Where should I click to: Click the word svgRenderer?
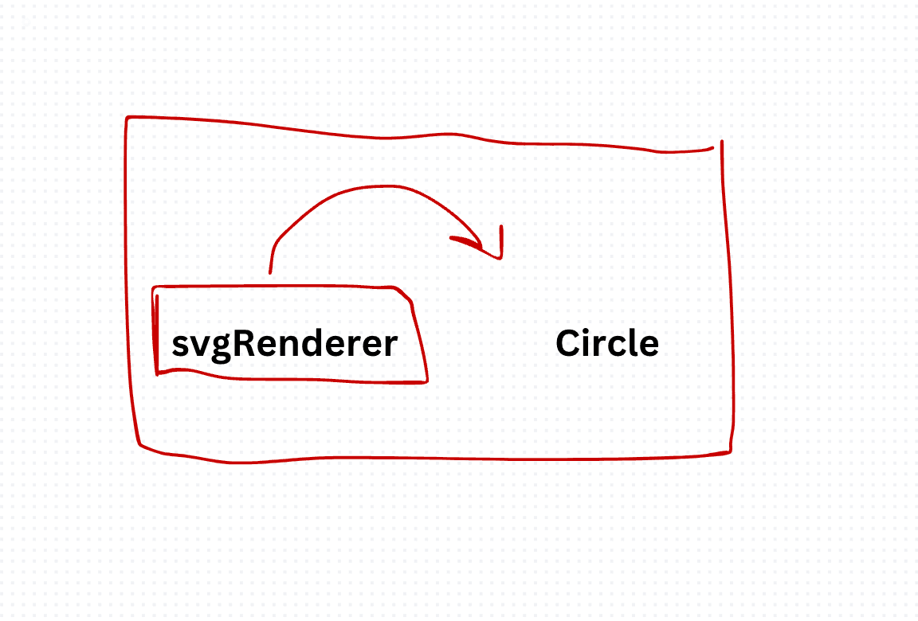[x=284, y=345]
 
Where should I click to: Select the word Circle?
[x=607, y=343]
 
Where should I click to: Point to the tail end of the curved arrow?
[x=270, y=272]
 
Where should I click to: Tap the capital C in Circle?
[x=567, y=343]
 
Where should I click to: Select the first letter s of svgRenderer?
[x=179, y=347]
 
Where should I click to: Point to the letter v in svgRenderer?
[x=198, y=347]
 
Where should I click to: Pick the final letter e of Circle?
[x=649, y=347]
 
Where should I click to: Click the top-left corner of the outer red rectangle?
[x=127, y=118]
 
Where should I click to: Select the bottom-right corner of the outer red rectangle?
[x=730, y=451]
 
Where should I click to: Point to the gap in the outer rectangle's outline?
[x=718, y=144]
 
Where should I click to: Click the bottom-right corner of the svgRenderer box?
[x=427, y=382]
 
